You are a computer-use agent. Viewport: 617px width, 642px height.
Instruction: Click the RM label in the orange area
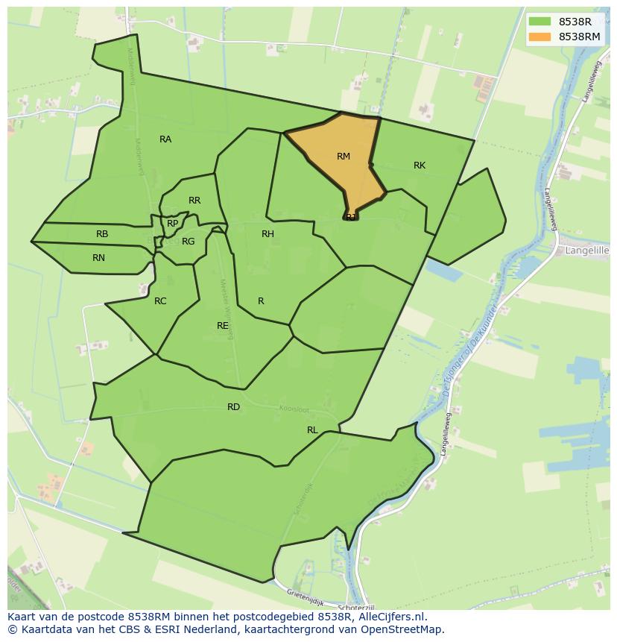[343, 157]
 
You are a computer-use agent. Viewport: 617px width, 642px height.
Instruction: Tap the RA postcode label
[165, 139]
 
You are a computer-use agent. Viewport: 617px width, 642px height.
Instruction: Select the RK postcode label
[420, 166]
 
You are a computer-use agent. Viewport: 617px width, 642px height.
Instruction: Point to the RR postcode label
[194, 201]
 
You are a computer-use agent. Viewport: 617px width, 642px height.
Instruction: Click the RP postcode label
[173, 224]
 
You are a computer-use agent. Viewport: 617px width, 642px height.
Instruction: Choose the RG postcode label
[188, 242]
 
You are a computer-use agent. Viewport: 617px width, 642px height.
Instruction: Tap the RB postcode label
[102, 234]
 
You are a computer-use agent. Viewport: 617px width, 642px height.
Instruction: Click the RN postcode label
[98, 258]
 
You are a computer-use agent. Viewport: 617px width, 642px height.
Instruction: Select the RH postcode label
[268, 234]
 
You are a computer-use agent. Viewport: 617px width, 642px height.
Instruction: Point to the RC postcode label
[160, 301]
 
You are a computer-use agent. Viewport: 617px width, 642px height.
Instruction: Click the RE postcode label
[223, 326]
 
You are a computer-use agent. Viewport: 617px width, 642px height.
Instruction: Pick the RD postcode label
[234, 407]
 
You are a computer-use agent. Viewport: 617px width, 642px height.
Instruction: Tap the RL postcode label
[312, 430]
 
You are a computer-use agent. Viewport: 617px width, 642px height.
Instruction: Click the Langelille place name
[587, 251]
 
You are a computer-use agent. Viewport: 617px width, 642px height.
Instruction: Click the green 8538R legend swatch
[540, 22]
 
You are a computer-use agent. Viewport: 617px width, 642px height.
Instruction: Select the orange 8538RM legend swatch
[540, 37]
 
